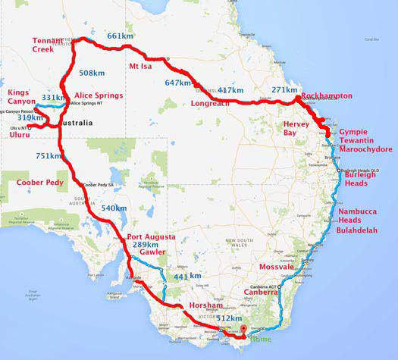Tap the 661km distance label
121,36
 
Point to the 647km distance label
178,83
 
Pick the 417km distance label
231,90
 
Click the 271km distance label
284,90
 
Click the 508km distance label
92,74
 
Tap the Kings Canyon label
23,97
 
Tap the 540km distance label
114,208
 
